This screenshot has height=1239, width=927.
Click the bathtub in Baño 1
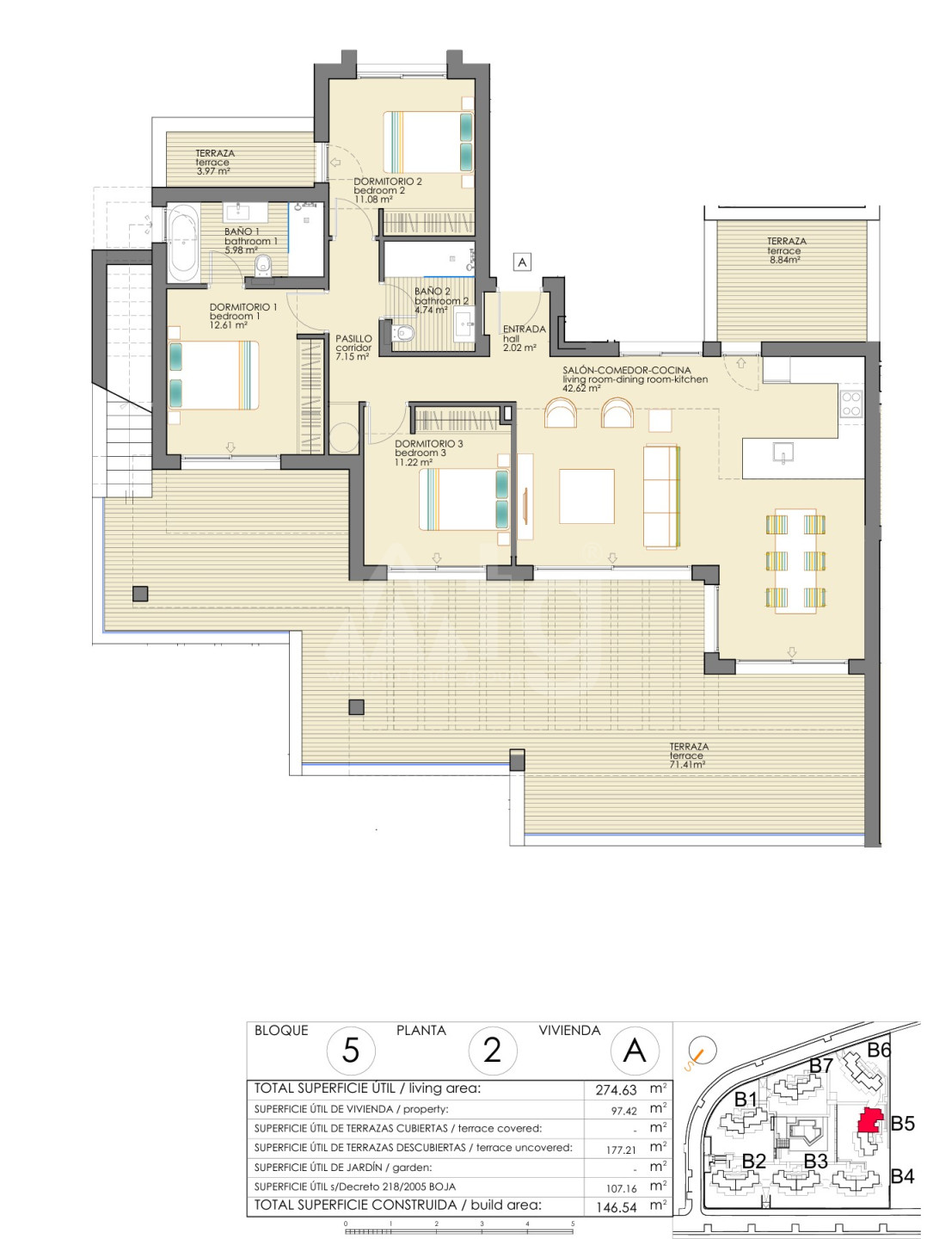click(x=183, y=243)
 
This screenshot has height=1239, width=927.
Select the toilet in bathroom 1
click(x=263, y=266)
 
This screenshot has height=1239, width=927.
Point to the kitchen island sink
click(x=783, y=453)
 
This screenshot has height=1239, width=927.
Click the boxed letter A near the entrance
click(x=522, y=262)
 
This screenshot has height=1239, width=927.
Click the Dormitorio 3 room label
click(x=429, y=444)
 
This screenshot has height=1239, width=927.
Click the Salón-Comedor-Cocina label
click(x=627, y=370)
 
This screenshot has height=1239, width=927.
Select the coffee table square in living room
click(x=586, y=496)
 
